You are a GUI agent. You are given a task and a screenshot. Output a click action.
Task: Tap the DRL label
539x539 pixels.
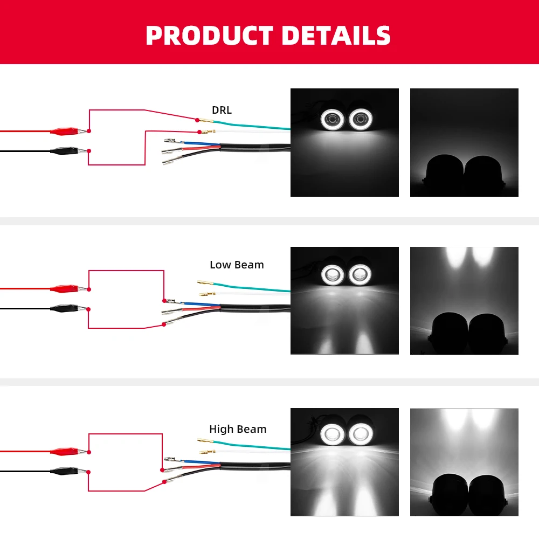[222, 110]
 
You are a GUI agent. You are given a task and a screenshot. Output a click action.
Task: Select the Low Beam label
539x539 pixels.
[237, 265]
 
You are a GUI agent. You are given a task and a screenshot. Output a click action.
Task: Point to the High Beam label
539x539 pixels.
[238, 430]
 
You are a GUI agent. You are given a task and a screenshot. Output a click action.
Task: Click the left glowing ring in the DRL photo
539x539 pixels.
[333, 119]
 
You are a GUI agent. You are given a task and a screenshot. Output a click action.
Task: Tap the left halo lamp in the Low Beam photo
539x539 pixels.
[331, 275]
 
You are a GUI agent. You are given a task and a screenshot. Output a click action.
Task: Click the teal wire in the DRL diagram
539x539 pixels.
[253, 126]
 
